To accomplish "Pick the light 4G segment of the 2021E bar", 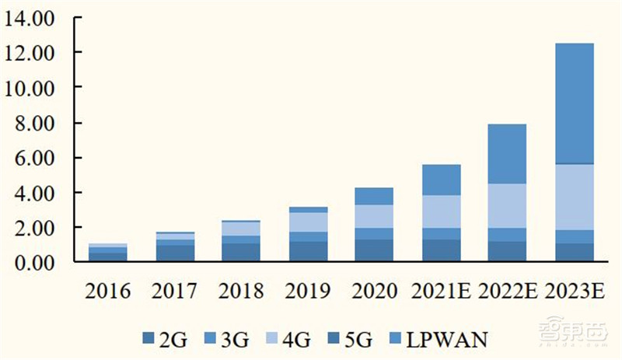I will tap(441, 211).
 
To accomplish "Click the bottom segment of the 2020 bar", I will tap(375, 250).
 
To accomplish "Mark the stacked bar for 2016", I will tap(108, 253).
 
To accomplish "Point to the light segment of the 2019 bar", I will tap(309, 222).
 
